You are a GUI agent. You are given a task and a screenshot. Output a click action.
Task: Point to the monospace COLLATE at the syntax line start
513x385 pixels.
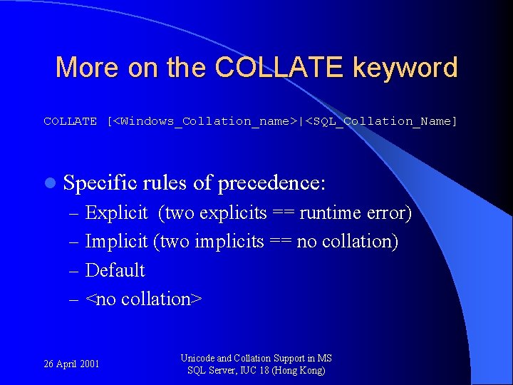pos(70,121)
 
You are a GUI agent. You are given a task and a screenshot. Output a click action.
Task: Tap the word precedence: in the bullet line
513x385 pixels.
pos(271,183)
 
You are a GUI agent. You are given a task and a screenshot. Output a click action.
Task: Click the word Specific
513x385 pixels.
pos(100,183)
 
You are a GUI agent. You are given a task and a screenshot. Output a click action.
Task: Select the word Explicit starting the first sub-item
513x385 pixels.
pos(116,213)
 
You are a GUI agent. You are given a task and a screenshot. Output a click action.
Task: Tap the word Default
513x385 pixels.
pos(115,270)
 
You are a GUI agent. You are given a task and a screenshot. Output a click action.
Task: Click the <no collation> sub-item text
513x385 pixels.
pos(143,299)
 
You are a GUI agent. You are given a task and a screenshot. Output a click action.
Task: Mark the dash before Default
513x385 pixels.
pos(75,271)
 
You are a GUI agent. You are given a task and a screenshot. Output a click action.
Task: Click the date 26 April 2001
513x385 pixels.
pos(71,364)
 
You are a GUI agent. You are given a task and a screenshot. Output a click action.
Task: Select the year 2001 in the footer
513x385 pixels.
pos(89,364)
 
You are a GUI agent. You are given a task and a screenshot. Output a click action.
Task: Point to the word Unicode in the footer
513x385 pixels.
pos(197,359)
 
